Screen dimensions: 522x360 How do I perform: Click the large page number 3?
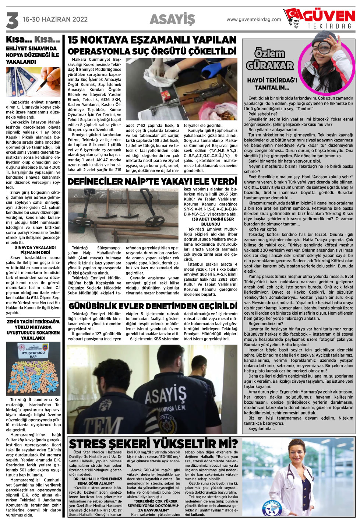(x=12, y=20)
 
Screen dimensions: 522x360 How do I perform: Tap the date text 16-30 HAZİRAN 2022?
(x=55, y=20)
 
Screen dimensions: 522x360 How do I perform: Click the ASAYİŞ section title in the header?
(x=172, y=19)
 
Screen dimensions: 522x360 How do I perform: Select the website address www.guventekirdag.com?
(x=254, y=20)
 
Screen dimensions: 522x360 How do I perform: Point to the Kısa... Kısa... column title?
(x=33, y=39)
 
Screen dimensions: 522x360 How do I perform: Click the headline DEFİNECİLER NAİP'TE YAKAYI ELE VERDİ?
(x=152, y=182)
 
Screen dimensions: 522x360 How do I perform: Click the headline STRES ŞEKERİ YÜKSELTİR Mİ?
(x=153, y=444)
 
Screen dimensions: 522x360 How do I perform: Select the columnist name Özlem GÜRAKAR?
(x=270, y=60)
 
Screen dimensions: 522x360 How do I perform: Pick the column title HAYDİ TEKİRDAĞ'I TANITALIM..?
(x=272, y=84)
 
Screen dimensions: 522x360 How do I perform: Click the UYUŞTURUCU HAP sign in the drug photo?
(x=33, y=354)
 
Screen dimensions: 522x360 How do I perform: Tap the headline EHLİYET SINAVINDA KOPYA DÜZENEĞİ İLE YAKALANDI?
(x=32, y=55)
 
